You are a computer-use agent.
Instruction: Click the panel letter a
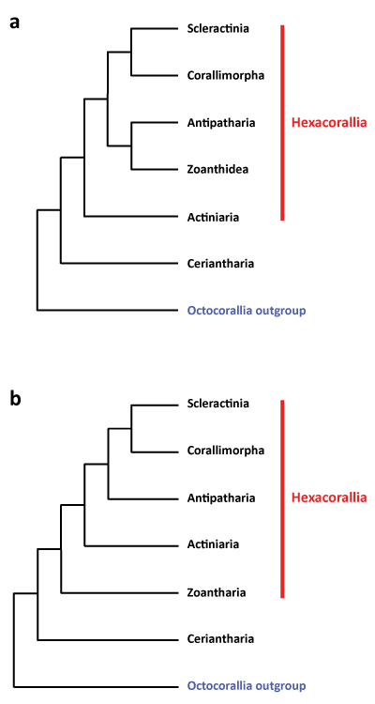pos(15,22)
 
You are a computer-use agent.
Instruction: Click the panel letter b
pos(15,398)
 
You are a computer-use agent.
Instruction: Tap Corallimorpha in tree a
pos(226,75)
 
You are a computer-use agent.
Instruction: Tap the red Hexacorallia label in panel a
pos(329,123)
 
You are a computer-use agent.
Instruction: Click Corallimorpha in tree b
pos(226,451)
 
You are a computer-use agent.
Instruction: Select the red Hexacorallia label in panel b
pos(329,497)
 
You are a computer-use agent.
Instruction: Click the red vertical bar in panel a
pos(282,123)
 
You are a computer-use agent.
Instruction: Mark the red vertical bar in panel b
pos(282,498)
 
